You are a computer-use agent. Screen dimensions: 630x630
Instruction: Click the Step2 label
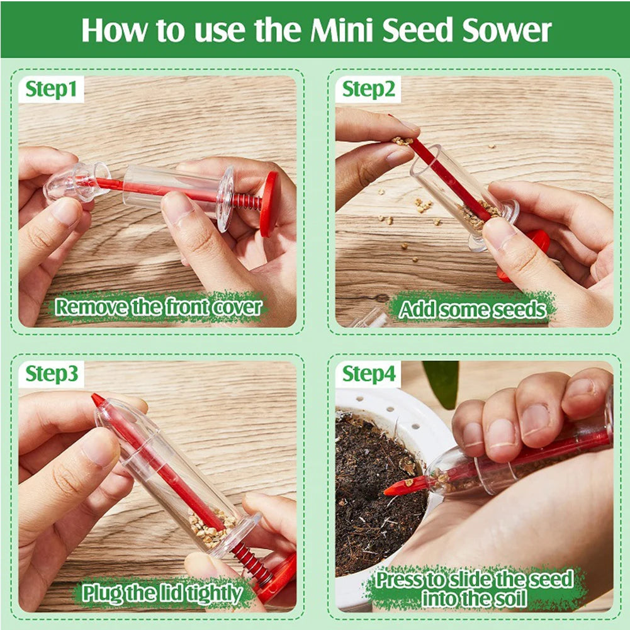tap(369, 90)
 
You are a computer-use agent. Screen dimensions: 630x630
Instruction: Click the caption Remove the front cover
tap(158, 308)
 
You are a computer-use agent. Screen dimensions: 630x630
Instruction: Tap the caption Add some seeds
tap(473, 309)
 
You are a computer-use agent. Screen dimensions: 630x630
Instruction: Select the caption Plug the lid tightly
tap(162, 593)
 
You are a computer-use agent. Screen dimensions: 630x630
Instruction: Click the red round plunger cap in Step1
tap(269, 203)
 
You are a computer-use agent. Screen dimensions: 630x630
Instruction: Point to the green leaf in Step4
tap(442, 381)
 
